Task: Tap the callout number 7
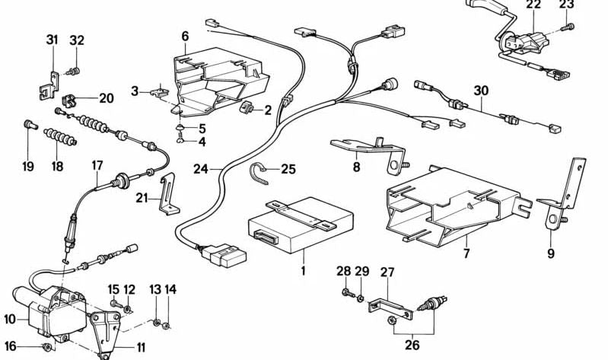click(x=466, y=253)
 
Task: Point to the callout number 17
click(x=97, y=164)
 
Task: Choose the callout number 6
click(x=185, y=36)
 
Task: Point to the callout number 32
click(x=77, y=40)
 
